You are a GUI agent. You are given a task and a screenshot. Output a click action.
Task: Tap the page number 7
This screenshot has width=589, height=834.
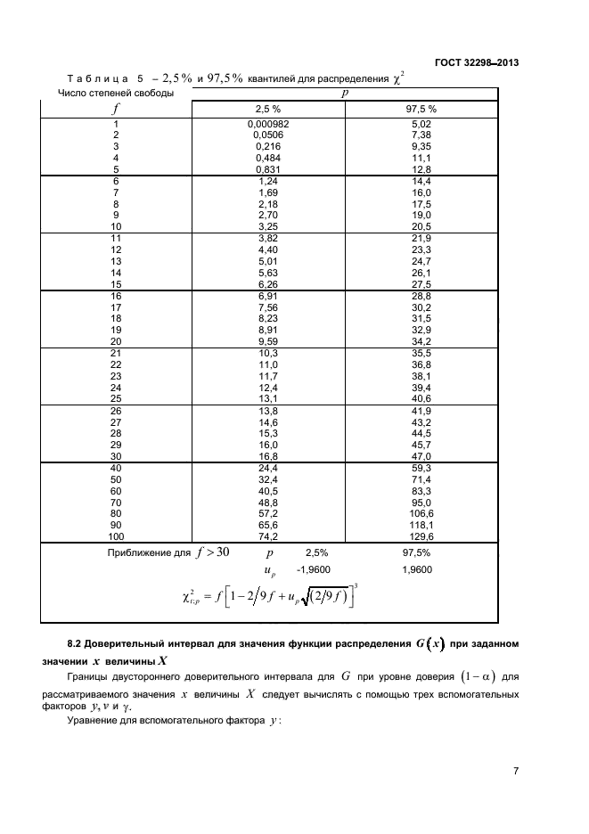point(516,771)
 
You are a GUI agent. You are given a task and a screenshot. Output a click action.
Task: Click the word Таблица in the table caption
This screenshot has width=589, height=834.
point(99,78)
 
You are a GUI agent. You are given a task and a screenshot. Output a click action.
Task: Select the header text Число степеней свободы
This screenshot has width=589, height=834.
point(116,92)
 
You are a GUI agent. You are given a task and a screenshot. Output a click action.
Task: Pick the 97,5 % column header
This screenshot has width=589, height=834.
point(421,109)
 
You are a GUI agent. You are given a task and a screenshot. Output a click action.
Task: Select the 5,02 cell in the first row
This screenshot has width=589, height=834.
point(421,124)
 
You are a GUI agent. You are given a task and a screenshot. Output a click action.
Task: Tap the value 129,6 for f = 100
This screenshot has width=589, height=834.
point(421,537)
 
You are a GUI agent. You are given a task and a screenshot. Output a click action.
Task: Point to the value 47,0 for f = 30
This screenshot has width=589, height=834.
point(421,455)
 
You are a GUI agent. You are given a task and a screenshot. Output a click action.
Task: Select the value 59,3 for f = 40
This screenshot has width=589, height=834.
point(421,468)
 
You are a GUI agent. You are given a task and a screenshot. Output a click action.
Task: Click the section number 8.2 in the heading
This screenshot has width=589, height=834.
point(78,642)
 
